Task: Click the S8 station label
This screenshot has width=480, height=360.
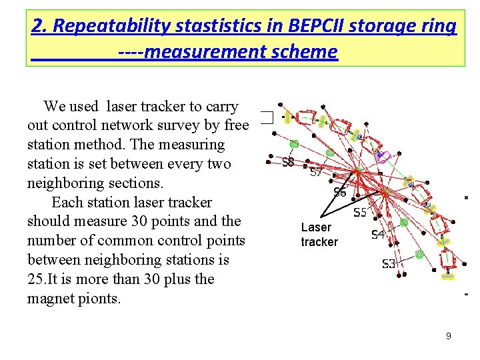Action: pyautogui.click(x=288, y=162)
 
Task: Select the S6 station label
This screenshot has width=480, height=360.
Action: pyautogui.click(x=340, y=193)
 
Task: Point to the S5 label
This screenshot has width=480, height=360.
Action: pyautogui.click(x=360, y=213)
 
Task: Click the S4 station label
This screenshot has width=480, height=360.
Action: pyautogui.click(x=378, y=235)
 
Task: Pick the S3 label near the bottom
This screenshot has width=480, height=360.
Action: pyautogui.click(x=389, y=264)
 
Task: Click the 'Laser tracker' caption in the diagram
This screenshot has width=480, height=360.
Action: pyautogui.click(x=319, y=235)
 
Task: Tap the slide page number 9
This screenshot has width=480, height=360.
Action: pyautogui.click(x=449, y=336)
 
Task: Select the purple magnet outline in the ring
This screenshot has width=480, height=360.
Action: pyautogui.click(x=381, y=157)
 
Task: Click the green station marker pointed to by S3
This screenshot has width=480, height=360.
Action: pyautogui.click(x=419, y=253)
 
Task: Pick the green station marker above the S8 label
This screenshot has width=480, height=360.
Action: pyautogui.click(x=294, y=143)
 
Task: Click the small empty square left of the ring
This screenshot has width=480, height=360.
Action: pyautogui.click(x=267, y=118)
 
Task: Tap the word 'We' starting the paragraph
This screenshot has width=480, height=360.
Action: pyautogui.click(x=54, y=106)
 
